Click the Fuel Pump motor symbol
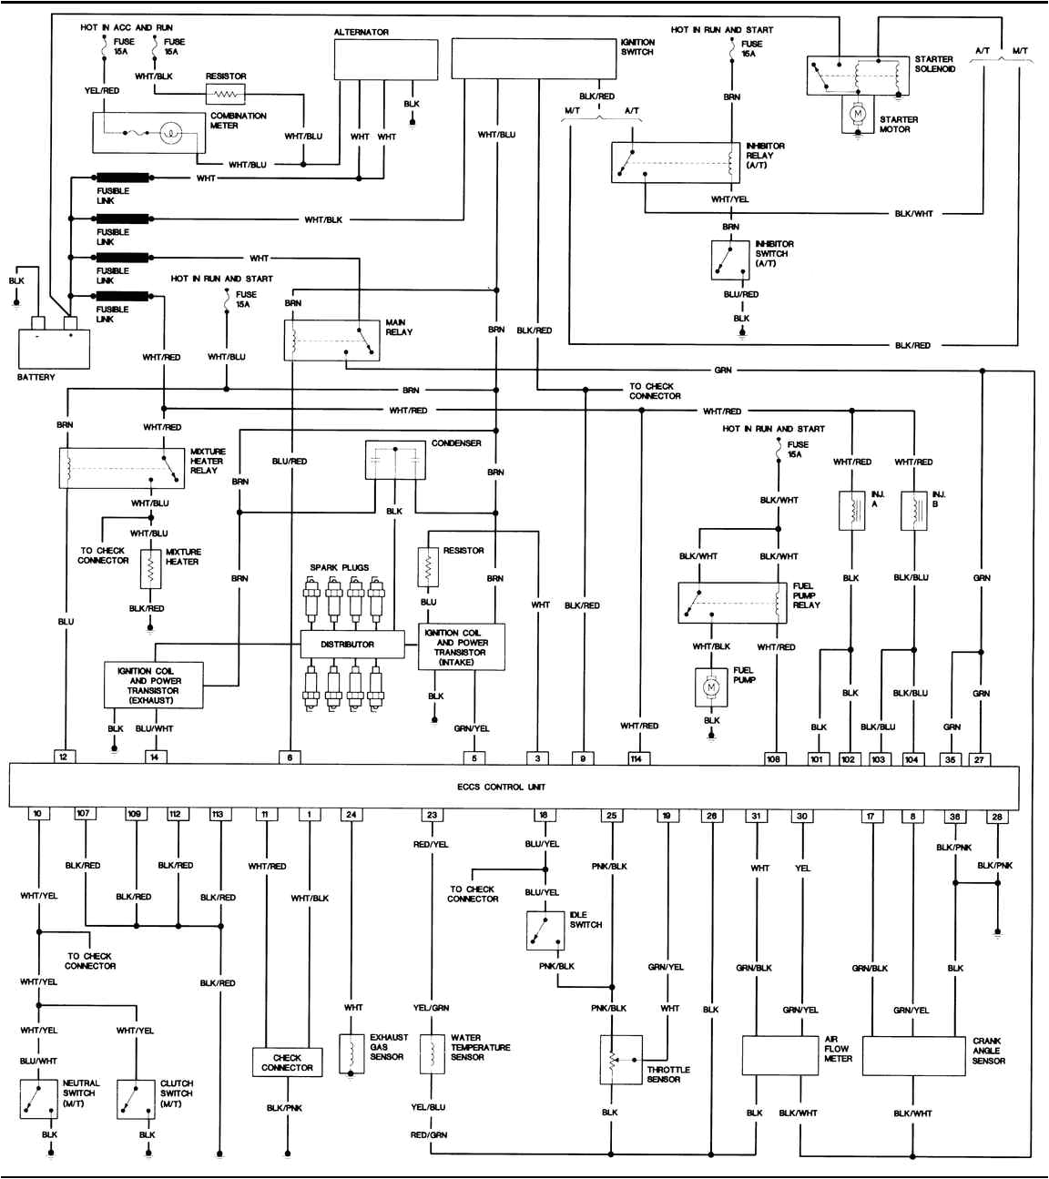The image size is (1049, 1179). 710,687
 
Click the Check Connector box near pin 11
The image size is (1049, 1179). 287,1062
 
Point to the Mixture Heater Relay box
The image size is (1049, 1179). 121,467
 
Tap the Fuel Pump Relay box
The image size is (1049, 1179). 732,603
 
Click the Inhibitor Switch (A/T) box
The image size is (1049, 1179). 729,260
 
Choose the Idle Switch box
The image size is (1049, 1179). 545,930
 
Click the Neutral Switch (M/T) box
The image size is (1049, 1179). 39,1098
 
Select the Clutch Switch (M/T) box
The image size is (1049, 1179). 136,1098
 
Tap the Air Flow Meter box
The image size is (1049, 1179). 780,1056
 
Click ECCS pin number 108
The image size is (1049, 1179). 773,758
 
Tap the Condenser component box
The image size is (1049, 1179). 395,461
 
